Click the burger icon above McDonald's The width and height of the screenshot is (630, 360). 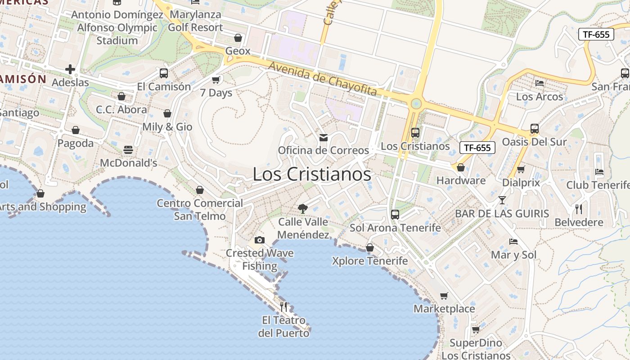click(x=128, y=149)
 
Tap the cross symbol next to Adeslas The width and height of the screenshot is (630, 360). click(x=70, y=69)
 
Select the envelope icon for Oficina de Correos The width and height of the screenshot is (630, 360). click(x=323, y=137)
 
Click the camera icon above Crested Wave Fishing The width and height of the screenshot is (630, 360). click(x=260, y=240)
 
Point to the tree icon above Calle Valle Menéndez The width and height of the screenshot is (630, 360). click(x=303, y=208)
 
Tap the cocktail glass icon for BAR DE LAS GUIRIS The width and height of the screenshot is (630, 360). click(x=502, y=200)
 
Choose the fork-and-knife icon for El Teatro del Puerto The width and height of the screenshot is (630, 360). click(x=283, y=307)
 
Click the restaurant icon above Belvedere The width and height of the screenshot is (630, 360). click(x=579, y=209)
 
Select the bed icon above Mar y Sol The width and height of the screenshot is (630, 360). click(x=513, y=241)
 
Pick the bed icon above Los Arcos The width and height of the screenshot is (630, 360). click(x=540, y=83)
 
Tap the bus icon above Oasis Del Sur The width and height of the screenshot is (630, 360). click(x=534, y=129)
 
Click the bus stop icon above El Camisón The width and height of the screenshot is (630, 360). click(x=164, y=73)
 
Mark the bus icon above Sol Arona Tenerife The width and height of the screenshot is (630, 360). click(x=395, y=214)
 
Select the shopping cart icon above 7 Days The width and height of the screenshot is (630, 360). click(x=216, y=80)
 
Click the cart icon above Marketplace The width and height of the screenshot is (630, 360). click(x=444, y=296)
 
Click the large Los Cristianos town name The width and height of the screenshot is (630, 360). click(x=312, y=174)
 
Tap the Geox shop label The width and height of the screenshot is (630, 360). click(x=238, y=51)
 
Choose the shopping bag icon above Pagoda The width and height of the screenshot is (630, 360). click(x=76, y=130)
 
